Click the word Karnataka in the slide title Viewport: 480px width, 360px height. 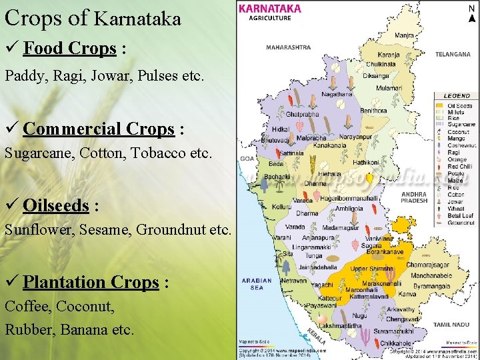138,19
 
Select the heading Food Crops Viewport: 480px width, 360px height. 70,49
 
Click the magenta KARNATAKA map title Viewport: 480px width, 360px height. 269,9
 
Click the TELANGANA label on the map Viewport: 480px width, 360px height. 453,54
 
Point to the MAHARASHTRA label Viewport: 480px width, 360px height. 288,47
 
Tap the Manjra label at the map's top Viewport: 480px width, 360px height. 404,35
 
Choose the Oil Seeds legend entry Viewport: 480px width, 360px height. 460,106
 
